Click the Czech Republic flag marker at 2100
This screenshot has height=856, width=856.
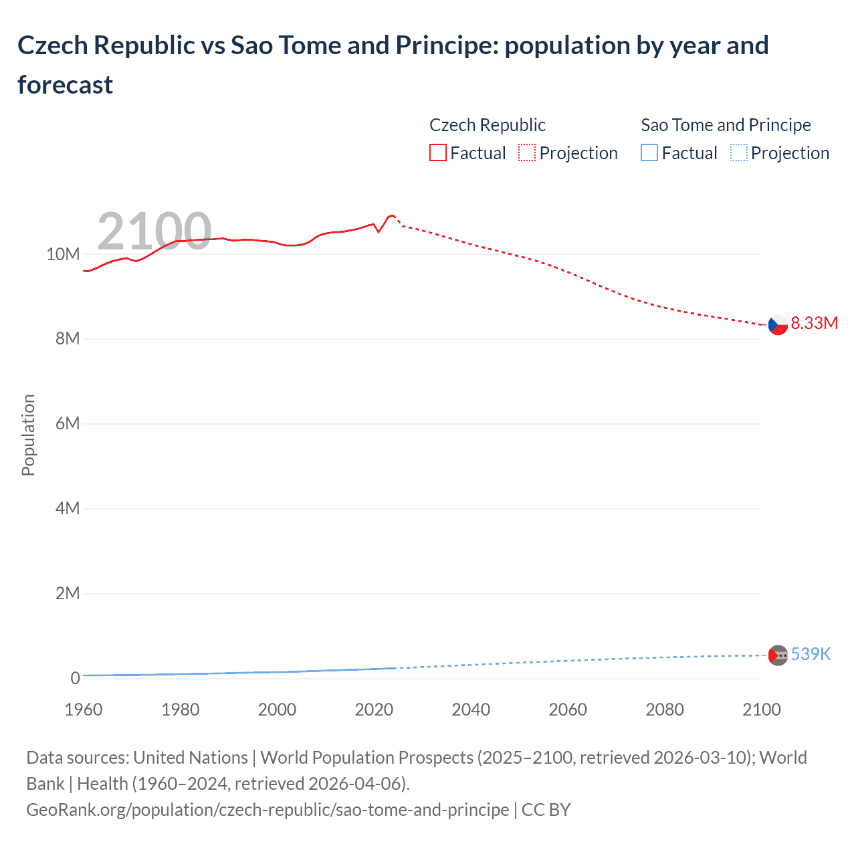[x=777, y=325]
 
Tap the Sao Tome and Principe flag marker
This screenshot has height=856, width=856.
[x=777, y=655]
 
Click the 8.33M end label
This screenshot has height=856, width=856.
[x=814, y=323]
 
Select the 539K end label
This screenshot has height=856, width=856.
[x=811, y=654]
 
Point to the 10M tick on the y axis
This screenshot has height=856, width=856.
[x=63, y=254]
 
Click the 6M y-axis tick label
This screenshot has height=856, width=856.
[x=67, y=423]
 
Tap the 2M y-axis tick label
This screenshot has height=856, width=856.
[x=67, y=593]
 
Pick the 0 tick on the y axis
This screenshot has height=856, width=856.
[x=75, y=678]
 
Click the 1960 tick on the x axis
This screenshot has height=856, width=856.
[x=84, y=710]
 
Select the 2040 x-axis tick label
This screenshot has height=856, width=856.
[x=471, y=710]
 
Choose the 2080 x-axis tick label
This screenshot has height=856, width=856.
[x=665, y=710]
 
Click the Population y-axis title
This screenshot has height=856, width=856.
[x=28, y=435]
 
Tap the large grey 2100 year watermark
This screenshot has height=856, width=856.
[x=154, y=231]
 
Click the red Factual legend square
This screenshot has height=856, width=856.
[x=438, y=153]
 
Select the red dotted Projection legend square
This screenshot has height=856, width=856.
[x=527, y=153]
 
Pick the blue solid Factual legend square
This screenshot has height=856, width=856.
[x=649, y=153]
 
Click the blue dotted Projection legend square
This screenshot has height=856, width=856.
[x=739, y=153]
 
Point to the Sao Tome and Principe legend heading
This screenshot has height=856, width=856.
[x=726, y=125]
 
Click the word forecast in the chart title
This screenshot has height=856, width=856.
[x=66, y=85]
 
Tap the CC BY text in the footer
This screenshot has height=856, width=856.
[x=546, y=810]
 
